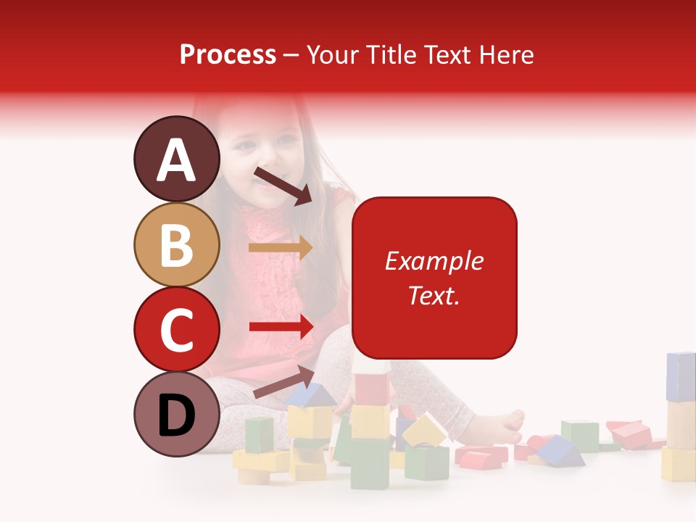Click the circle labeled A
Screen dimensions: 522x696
coord(176,159)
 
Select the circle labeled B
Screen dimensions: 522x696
coord(176,245)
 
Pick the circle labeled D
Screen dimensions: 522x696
coord(176,415)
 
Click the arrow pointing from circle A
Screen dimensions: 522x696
coord(282,186)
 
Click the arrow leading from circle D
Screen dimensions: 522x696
coord(283,382)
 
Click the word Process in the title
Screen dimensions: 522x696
coord(228,54)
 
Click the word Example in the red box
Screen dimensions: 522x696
coord(434,261)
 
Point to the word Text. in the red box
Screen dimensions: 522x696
coord(434,295)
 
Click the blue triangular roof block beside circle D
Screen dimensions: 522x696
coord(310,395)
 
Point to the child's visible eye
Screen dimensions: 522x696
coord(246,144)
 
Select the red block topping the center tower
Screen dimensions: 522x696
coord(372,389)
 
